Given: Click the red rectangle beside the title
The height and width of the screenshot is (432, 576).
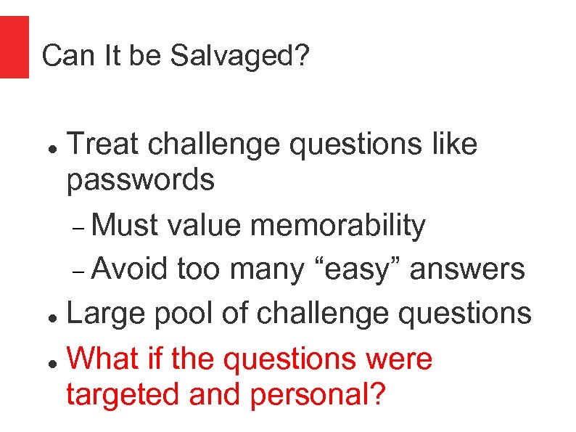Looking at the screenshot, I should [14, 46].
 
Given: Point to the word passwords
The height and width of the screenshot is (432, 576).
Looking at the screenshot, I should [140, 180].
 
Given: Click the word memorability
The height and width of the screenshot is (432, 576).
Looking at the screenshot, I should [338, 226].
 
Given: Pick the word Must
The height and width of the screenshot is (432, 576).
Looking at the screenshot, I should [126, 226].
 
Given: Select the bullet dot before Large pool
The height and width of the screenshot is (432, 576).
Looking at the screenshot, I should [52, 317].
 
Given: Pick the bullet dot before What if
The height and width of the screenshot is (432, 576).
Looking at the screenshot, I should [52, 362].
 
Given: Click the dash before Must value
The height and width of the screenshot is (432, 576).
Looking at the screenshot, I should [80, 229].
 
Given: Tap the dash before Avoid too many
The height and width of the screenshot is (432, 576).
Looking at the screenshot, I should [80, 272].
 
